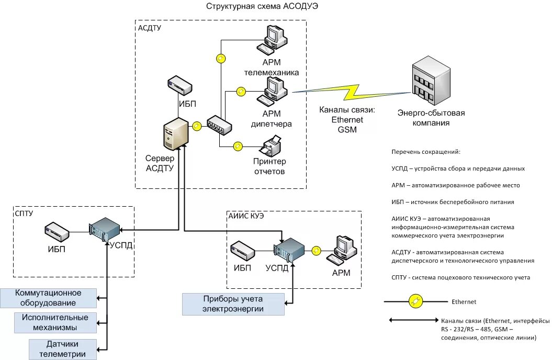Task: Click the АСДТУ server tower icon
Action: click(x=175, y=134)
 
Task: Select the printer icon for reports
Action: click(x=271, y=146)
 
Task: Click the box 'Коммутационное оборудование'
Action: click(x=48, y=298)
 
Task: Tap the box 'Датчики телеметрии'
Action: click(x=62, y=349)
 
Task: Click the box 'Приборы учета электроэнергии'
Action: click(x=233, y=304)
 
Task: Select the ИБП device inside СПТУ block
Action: click(x=57, y=230)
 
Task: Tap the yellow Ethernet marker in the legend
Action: click(x=415, y=302)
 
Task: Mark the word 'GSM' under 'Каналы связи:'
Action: click(x=347, y=129)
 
